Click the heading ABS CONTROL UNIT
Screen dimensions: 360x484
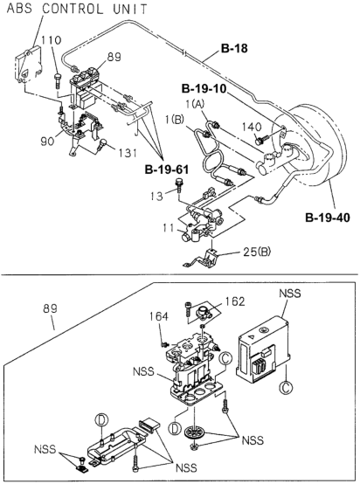pyautogui.click(x=77, y=9)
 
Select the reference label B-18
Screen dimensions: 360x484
pyautogui.click(x=234, y=48)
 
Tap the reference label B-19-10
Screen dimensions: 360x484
pyautogui.click(x=204, y=89)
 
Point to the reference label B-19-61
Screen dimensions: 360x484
pyautogui.click(x=167, y=169)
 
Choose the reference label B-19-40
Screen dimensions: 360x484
pyautogui.click(x=328, y=218)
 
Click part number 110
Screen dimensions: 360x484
pyautogui.click(x=52, y=40)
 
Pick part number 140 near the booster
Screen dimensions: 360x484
pyautogui.click(x=252, y=127)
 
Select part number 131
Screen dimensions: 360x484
pyautogui.click(x=126, y=153)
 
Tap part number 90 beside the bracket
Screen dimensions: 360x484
pyautogui.click(x=47, y=141)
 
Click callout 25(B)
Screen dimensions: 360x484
pyautogui.click(x=256, y=252)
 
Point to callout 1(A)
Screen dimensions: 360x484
pyautogui.click(x=195, y=105)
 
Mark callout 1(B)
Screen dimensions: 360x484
pyautogui.click(x=175, y=120)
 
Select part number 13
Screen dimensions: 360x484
pyautogui.click(x=156, y=196)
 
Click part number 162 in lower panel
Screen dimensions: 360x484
pyautogui.click(x=235, y=301)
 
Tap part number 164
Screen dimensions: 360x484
pyautogui.click(x=159, y=316)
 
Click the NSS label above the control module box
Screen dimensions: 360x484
pyautogui.click(x=289, y=294)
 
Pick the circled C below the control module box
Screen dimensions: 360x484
pyautogui.click(x=286, y=388)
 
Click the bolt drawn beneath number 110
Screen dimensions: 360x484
pyautogui.click(x=58, y=80)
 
